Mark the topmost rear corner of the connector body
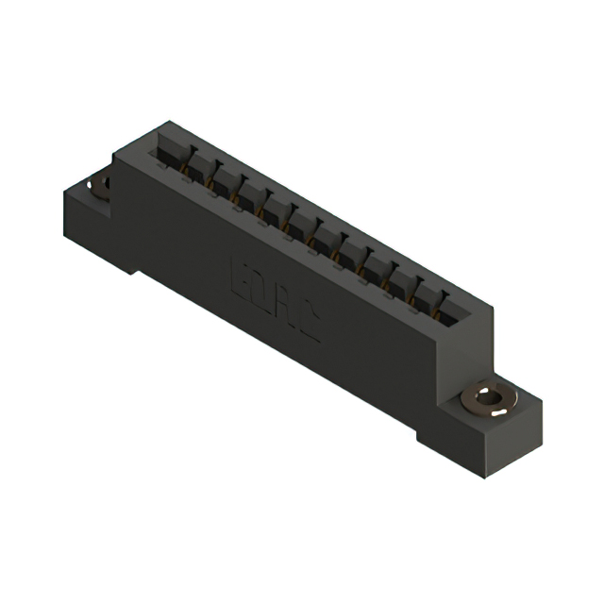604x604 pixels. (x=170, y=122)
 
